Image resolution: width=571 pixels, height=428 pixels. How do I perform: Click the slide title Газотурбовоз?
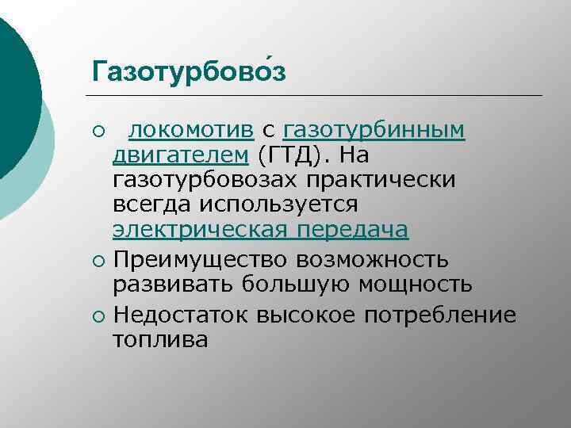coord(189,71)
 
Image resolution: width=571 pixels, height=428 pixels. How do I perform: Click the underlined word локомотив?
coord(191,129)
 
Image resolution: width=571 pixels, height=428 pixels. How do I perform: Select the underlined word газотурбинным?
coord(374,129)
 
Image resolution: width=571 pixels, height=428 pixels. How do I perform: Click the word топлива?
coord(161,340)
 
